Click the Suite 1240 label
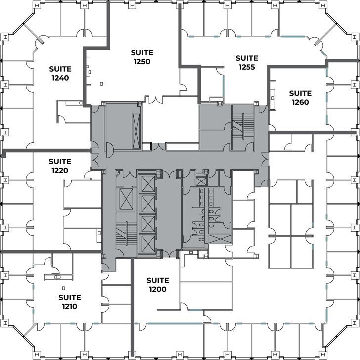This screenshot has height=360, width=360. tap(60, 73)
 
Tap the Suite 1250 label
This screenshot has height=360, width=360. tap(141, 57)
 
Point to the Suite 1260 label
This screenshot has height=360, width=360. tap(300, 98)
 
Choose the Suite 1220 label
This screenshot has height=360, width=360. tap(60, 166)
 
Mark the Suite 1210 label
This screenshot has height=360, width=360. tap(69, 302)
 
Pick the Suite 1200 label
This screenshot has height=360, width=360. tap(157, 285)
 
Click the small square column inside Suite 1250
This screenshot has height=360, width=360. tap(101, 83)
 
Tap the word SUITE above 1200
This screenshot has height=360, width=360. tap(157, 280)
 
